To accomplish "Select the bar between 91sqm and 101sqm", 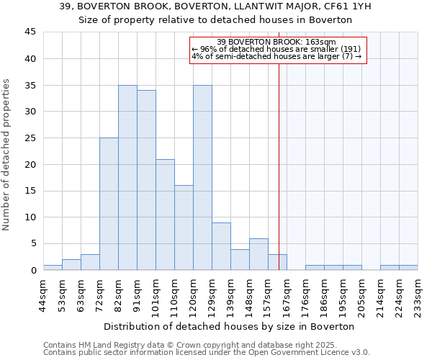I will pyautogui.click(x=146, y=180).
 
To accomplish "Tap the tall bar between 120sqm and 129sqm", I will pyautogui.click(x=202, y=177).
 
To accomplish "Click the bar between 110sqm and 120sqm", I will pyautogui.click(x=184, y=228).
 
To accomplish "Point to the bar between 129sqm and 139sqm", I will pyautogui.click(x=221, y=246).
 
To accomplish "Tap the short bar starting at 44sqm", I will pyautogui.click(x=53, y=267).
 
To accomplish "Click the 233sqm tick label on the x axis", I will pyautogui.click(x=418, y=293).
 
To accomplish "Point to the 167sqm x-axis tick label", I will pyautogui.click(x=287, y=293).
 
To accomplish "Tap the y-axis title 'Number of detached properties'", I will pyautogui.click(x=6, y=155).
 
